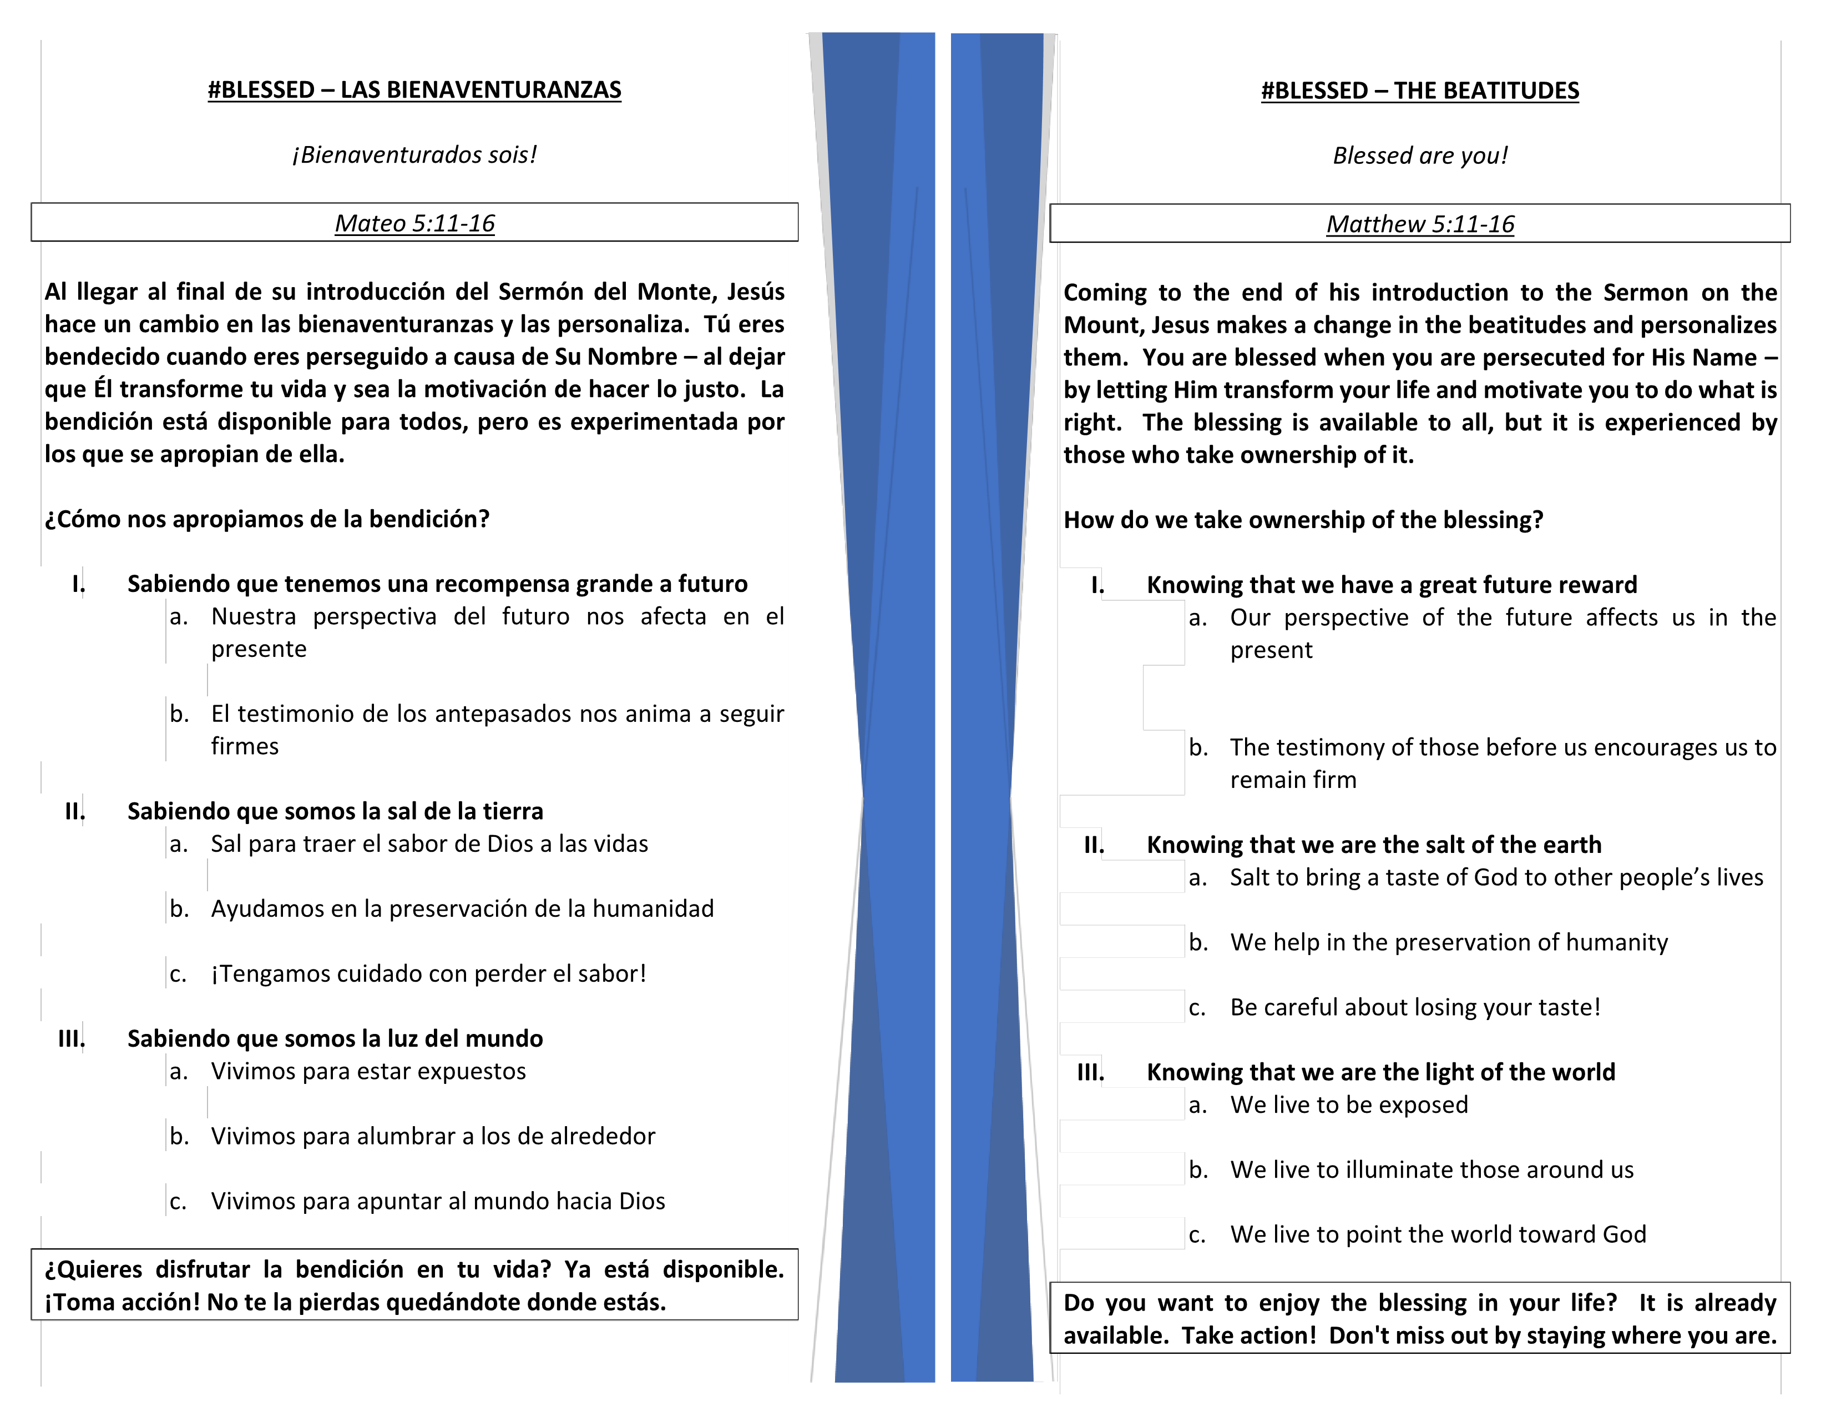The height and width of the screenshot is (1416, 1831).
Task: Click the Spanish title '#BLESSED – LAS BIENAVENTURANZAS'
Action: [x=414, y=90]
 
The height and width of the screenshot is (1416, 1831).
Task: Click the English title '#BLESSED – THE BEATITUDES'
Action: [x=1419, y=91]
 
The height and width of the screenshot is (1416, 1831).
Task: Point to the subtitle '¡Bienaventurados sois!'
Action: [x=414, y=155]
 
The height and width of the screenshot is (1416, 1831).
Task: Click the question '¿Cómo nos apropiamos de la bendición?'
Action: [x=266, y=519]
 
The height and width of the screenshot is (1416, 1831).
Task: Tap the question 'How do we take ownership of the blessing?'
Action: [x=1303, y=520]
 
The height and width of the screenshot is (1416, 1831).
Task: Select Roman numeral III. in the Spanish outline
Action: [x=71, y=1038]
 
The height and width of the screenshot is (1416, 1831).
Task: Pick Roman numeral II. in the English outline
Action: [x=1093, y=845]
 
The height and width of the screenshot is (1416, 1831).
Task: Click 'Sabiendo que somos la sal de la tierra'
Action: [x=335, y=811]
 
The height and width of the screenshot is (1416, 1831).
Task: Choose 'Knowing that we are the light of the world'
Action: [x=1380, y=1072]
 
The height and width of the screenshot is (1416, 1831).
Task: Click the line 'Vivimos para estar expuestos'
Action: [x=368, y=1071]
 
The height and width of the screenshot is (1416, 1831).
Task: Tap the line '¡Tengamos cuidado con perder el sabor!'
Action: [x=428, y=974]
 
